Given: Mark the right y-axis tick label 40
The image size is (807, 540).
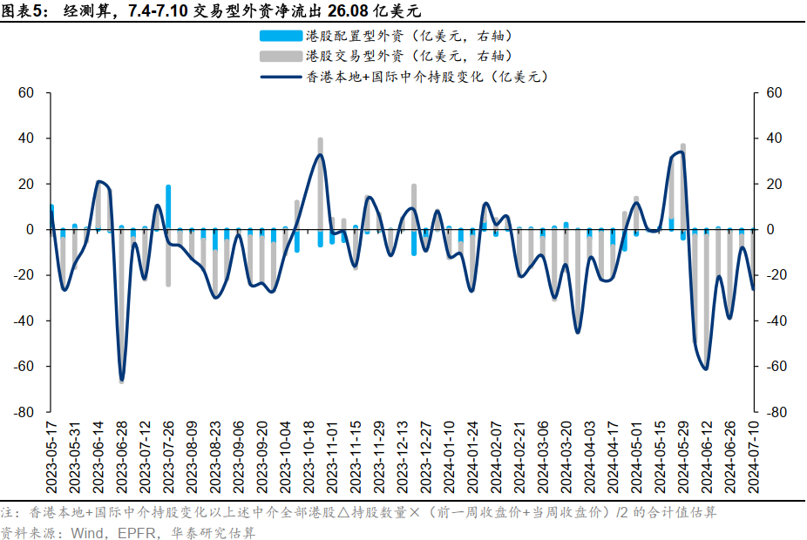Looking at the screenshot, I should click(773, 138).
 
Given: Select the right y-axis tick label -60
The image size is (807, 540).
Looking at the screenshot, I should click(776, 367).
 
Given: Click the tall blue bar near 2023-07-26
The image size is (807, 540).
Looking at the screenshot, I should click(168, 207).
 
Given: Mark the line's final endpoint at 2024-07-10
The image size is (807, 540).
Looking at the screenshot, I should click(753, 288).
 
